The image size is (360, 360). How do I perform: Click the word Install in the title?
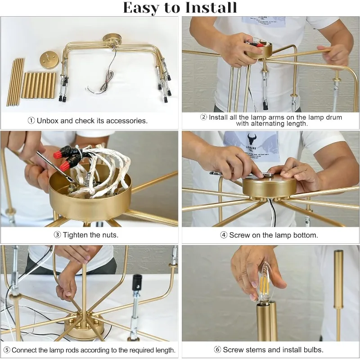pos(211,7)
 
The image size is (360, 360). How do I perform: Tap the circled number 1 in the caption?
pos(31,121)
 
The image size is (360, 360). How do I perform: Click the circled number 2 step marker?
pos(203,117)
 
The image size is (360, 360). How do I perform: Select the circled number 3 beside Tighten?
pos(58,234)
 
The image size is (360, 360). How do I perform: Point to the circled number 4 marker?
pos(224,235)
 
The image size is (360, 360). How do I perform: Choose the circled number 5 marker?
pos(7,350)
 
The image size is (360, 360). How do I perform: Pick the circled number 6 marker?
pos(217,350)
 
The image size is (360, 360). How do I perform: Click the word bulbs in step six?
pos(314,350)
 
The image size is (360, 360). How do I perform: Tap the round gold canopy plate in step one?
pos(48,60)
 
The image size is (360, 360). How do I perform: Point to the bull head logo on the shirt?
pos(252,139)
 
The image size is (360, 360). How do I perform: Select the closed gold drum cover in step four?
pos(270,186)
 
